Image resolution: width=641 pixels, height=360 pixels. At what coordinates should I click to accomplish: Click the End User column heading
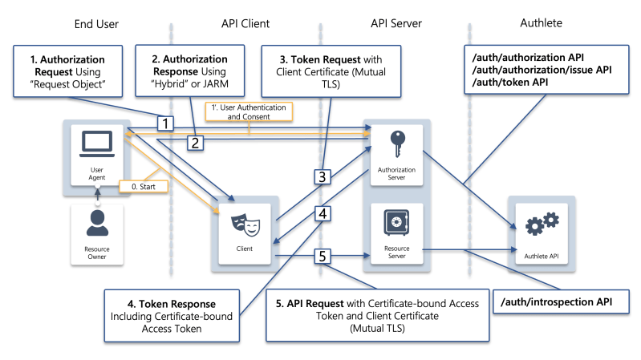(x=95, y=24)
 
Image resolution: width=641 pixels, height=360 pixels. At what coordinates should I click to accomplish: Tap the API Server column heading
(x=395, y=24)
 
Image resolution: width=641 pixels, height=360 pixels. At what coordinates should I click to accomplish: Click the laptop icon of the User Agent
(x=95, y=144)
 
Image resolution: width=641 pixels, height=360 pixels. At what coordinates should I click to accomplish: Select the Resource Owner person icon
(x=96, y=228)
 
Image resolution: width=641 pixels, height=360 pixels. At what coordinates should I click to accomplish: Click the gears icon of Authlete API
(x=542, y=224)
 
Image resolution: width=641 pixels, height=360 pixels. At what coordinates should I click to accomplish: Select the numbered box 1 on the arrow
(x=164, y=123)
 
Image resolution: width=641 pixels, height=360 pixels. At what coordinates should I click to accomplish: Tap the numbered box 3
(x=321, y=176)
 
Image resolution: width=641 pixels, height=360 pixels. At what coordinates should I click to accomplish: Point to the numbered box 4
(x=321, y=214)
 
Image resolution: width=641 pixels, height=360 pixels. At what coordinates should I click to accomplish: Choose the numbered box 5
(x=321, y=257)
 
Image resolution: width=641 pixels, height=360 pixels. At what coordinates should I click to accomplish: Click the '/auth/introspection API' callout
(x=558, y=302)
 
